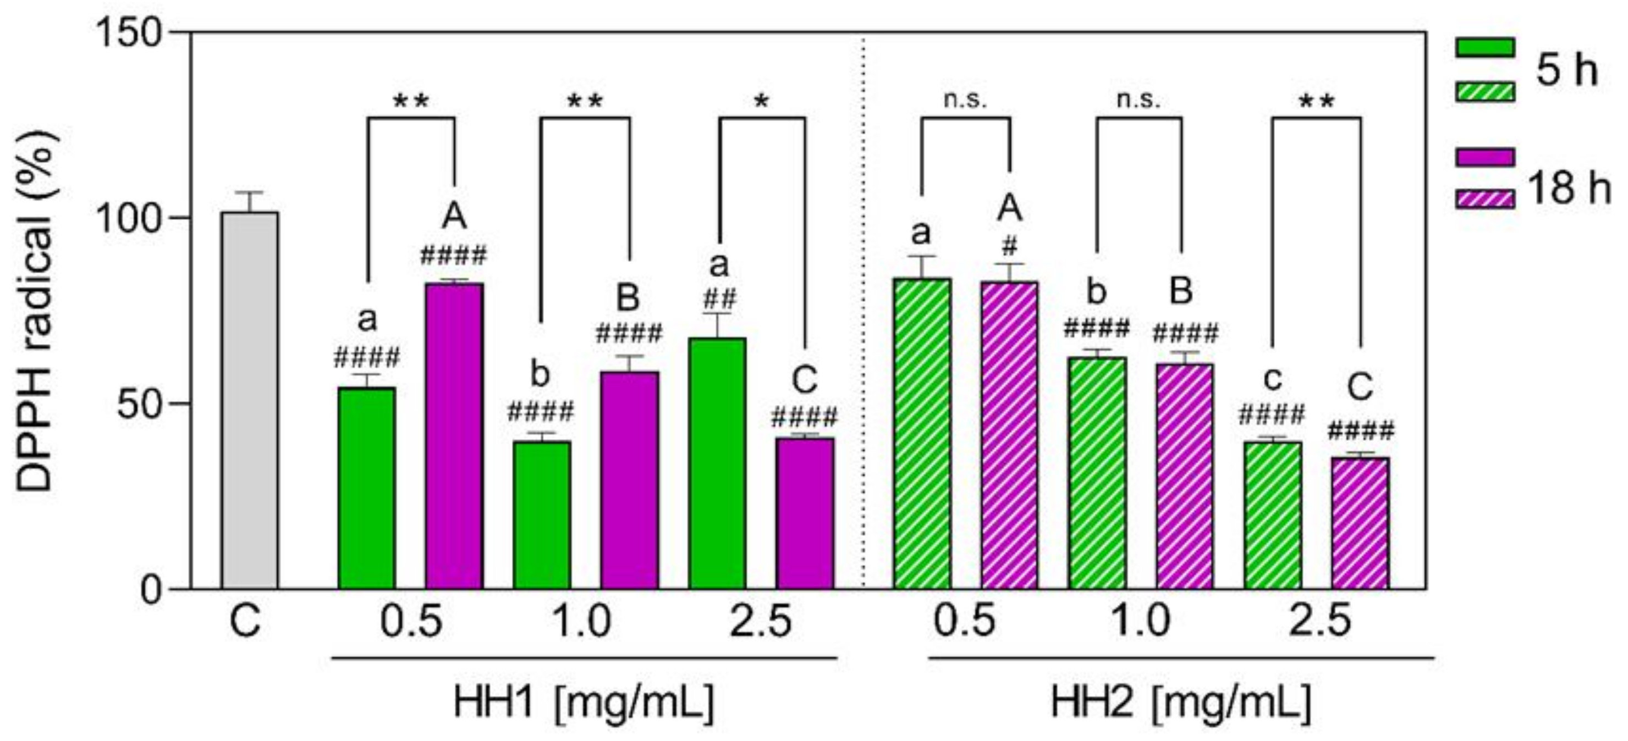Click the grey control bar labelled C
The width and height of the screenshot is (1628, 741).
[249, 401]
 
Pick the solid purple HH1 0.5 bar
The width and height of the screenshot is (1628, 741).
[454, 436]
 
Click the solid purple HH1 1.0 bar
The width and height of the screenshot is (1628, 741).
[629, 480]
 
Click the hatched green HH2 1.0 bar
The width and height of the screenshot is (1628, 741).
[1097, 473]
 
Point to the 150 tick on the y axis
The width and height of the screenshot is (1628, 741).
[130, 31]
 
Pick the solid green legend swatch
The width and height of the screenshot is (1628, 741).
[1484, 47]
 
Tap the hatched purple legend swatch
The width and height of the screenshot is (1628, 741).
[1484, 200]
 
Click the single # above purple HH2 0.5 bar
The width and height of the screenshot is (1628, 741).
[1009, 246]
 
